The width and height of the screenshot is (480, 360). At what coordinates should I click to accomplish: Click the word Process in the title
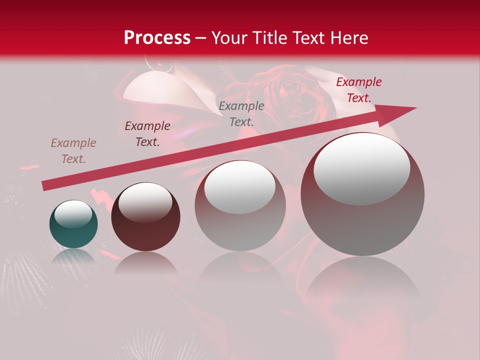pos(157,37)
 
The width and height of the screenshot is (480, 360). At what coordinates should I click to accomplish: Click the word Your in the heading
pos(230,37)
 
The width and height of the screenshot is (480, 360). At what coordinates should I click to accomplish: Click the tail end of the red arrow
pos(45,186)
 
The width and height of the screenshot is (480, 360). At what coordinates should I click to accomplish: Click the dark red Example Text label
pos(358,90)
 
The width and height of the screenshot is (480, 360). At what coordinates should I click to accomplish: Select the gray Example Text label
pos(241,113)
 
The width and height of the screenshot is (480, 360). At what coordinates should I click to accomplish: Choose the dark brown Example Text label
pos(147,134)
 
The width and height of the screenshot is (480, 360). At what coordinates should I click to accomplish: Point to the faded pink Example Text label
pos(73,151)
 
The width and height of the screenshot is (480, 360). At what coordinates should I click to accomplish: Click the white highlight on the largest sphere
pos(362,168)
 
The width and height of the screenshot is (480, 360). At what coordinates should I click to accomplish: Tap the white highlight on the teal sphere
pos(73,213)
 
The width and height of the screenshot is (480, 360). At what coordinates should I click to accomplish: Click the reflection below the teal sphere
pos(73,256)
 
